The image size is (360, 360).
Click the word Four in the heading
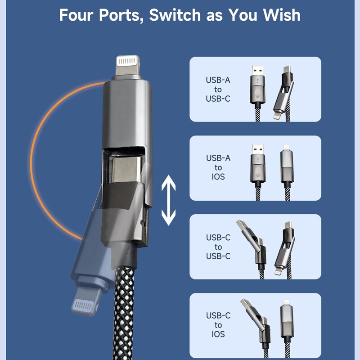(x=79, y=15)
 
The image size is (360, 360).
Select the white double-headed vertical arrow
(x=169, y=201)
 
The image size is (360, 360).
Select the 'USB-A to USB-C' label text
(x=218, y=89)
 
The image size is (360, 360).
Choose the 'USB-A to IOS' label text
(x=218, y=167)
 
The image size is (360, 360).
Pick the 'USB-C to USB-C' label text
(x=218, y=247)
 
